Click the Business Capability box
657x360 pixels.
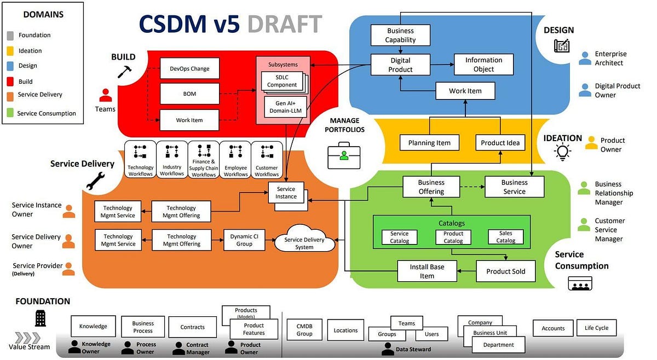[x=400, y=36]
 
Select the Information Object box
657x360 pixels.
[x=483, y=65]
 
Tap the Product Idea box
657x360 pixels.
[x=500, y=143]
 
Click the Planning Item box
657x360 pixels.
[x=429, y=143]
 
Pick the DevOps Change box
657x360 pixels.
[x=189, y=69]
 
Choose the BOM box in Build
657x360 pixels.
[x=189, y=94]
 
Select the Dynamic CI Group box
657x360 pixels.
[x=244, y=240]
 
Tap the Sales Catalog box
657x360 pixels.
[x=505, y=237]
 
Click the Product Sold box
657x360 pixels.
[x=505, y=271]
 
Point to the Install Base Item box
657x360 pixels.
[x=427, y=271]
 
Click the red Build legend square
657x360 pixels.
[x=10, y=82]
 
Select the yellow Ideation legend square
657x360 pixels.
[x=10, y=51]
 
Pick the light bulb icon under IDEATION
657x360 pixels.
[x=562, y=152]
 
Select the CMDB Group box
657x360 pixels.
[x=304, y=330]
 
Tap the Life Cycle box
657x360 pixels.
[x=596, y=328]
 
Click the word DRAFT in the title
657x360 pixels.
[x=284, y=24]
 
